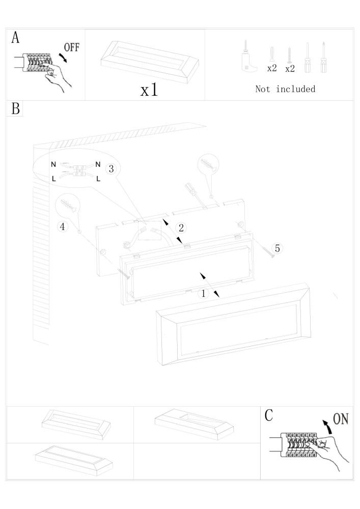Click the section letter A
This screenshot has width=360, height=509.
(x=16, y=38)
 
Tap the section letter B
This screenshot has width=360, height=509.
(x=15, y=108)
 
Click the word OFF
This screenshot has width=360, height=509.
(x=71, y=47)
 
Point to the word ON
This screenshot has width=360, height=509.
(x=340, y=419)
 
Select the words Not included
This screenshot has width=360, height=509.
(x=285, y=89)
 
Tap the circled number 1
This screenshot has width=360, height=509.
(x=203, y=294)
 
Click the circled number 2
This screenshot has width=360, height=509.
(x=180, y=228)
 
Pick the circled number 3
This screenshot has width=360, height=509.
(x=112, y=169)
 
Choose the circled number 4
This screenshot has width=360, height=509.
(x=63, y=227)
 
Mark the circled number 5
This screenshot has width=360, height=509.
(x=277, y=248)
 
